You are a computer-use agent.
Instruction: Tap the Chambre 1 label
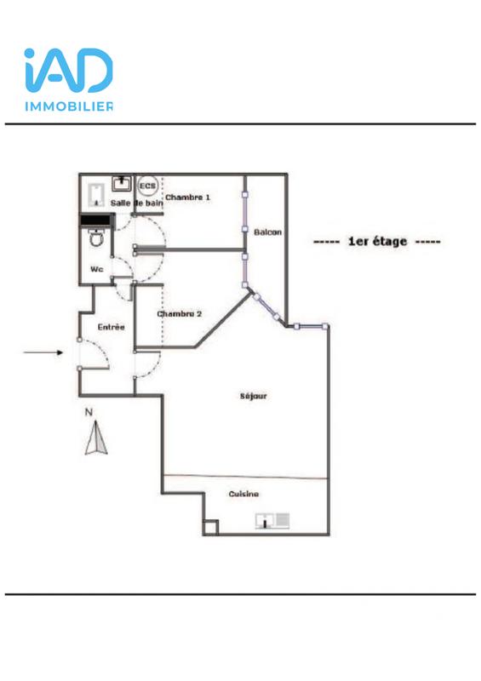tap(187, 197)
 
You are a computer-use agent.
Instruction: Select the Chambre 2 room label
tap(179, 313)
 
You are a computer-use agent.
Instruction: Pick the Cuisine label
tap(243, 494)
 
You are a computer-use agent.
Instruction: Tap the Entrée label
tap(111, 326)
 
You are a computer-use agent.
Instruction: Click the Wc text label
tap(96, 269)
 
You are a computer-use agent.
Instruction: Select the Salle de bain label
tap(136, 203)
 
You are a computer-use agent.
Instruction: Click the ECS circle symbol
tap(148, 186)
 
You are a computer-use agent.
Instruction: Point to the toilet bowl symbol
tap(95, 240)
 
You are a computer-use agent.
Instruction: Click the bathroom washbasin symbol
tap(121, 183)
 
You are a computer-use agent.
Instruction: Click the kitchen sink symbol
tap(273, 519)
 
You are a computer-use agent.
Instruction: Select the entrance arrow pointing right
tap(43, 352)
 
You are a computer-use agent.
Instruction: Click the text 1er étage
tap(376, 242)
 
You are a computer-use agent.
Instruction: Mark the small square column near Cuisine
tap(209, 528)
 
